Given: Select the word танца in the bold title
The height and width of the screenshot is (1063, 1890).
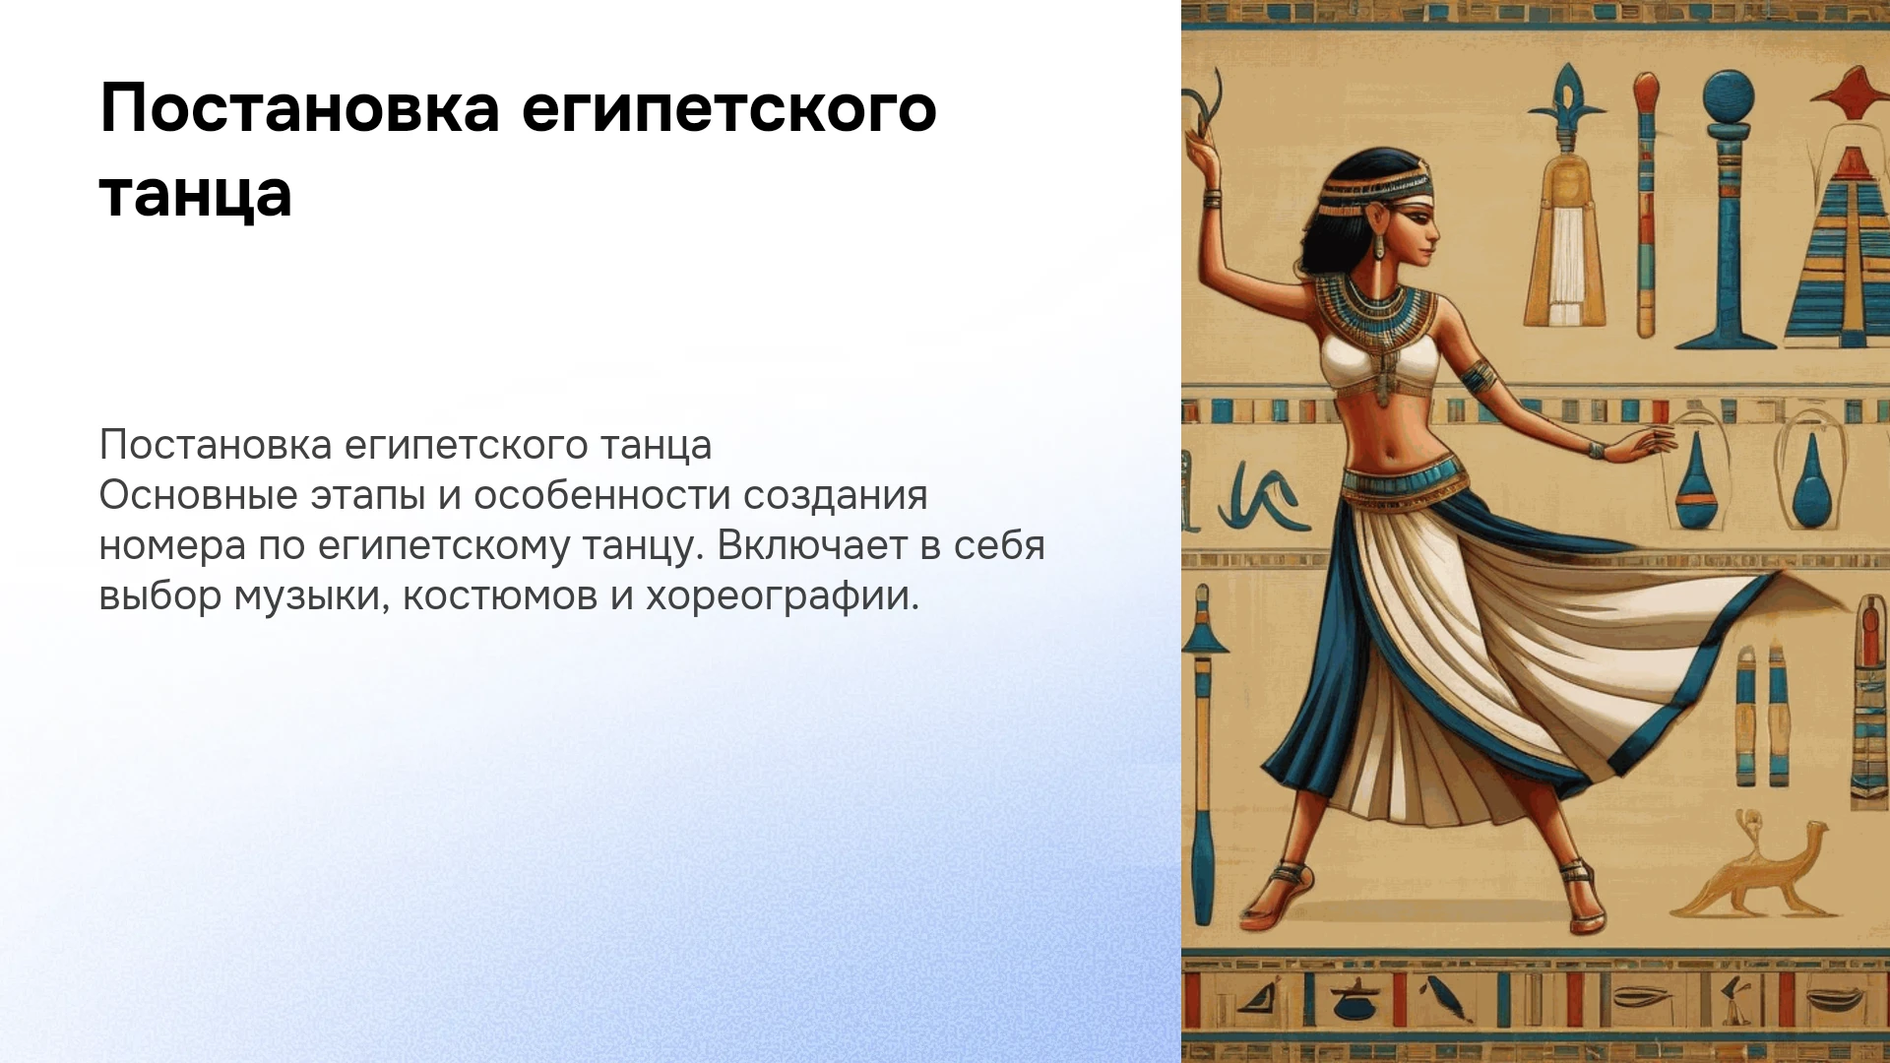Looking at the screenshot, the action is click(x=196, y=194).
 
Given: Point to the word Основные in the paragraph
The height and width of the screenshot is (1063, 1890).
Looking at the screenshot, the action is click(x=198, y=495).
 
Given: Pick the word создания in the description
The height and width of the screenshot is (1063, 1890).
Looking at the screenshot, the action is click(x=835, y=495).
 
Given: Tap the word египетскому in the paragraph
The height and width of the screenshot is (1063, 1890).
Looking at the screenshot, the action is click(x=444, y=546).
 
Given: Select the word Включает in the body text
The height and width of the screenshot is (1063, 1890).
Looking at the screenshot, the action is click(x=812, y=545).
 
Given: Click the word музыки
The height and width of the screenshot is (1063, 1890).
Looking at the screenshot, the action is click(x=307, y=596).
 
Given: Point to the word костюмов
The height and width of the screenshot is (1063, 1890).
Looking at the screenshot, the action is click(x=500, y=596).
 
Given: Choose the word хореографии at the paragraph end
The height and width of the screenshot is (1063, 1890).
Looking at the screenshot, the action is click(x=783, y=596).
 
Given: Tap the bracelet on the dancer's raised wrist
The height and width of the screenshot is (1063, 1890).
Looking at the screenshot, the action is click(x=1213, y=199).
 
